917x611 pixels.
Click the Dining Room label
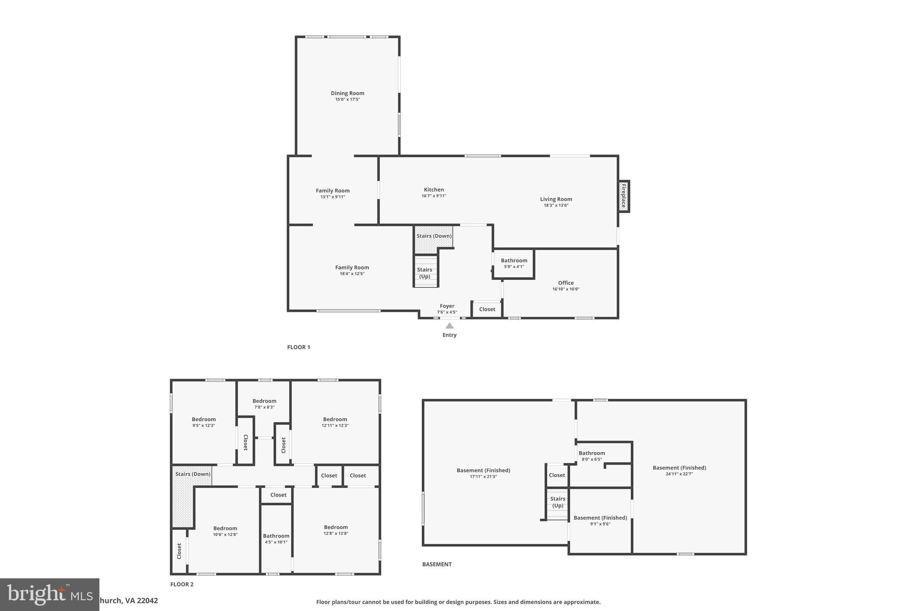pos(347,93)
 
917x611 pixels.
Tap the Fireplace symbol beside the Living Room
pos(623,196)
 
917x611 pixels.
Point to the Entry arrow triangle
pos(450,326)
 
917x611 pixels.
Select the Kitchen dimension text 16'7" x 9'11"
pos(434,196)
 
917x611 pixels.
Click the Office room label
pos(566,283)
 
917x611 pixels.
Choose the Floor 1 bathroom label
pos(514,261)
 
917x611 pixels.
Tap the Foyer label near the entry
pos(447,306)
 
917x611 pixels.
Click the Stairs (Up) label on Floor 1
pos(424,273)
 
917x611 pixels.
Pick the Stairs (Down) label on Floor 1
pos(434,236)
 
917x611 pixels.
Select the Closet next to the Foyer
pos(487,309)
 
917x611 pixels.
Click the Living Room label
pos(556,199)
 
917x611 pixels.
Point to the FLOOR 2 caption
pos(182,584)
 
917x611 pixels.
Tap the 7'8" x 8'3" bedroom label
pos(264,401)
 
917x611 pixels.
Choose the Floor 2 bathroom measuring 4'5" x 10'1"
pos(276,536)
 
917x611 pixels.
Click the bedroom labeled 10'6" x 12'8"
pos(225,528)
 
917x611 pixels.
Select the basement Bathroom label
pos(592,453)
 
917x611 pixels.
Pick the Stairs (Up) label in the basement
pos(558,502)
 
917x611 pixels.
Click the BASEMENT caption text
pos(437,564)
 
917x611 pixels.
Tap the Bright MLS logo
pos(49,594)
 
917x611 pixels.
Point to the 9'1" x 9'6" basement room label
pos(600,518)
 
